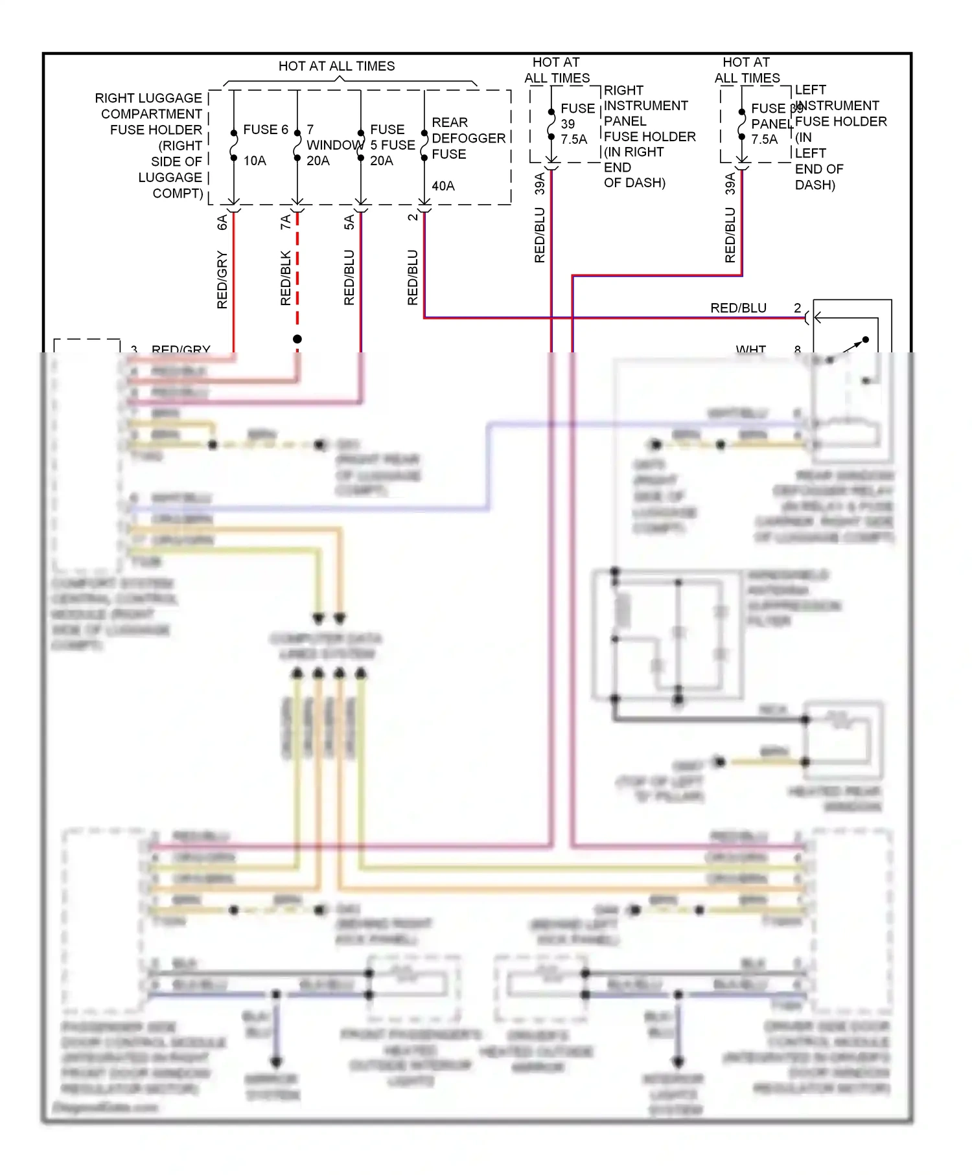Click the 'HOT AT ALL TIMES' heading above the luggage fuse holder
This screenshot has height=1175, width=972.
point(336,66)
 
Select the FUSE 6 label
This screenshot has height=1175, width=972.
point(265,130)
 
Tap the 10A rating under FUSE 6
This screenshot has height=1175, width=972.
point(255,161)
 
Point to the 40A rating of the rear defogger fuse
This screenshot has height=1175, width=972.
point(443,186)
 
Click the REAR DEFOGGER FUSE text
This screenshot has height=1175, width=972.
point(468,138)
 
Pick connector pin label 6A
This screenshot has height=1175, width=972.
point(222,222)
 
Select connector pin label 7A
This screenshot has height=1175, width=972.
point(286,222)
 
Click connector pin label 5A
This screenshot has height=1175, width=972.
point(349,222)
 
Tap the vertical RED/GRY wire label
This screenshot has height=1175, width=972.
point(222,279)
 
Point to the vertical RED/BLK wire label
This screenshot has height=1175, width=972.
point(286,278)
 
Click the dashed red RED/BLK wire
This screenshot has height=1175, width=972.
point(297,272)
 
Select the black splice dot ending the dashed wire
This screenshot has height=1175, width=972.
point(297,339)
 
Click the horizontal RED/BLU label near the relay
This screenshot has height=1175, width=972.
point(738,308)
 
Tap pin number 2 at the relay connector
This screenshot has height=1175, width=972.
point(797,308)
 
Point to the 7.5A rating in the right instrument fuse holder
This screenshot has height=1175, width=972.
point(573,139)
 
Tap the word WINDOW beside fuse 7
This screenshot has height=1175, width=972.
point(334,145)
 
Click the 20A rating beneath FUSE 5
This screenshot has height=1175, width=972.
point(382,161)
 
